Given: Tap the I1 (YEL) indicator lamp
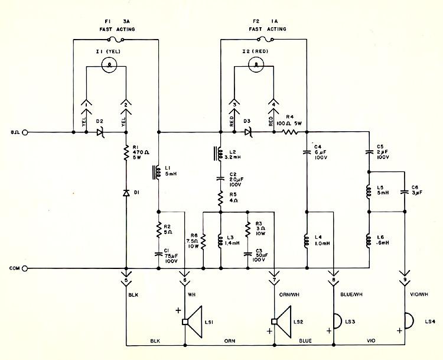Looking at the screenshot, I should coord(109,65).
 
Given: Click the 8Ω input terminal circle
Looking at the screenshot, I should coord(25,132).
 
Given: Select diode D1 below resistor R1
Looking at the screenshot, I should coord(126,193).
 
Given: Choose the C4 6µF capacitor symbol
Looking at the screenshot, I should coord(307,152).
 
